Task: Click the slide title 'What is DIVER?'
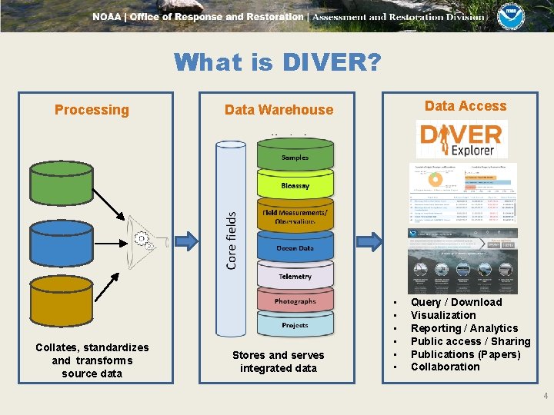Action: tap(277, 61)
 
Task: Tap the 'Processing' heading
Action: tap(92, 109)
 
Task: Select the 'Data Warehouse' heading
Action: tap(279, 109)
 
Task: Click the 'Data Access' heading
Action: tap(466, 106)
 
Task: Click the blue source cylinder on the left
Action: tap(62, 240)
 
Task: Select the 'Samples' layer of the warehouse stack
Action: tap(295, 158)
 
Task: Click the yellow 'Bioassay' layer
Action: tap(295, 186)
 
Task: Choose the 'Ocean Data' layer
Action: tap(295, 248)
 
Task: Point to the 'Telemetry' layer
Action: tap(295, 276)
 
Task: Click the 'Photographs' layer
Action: tap(295, 301)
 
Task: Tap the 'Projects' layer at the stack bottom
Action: tap(295, 325)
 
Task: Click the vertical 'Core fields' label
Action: tap(232, 241)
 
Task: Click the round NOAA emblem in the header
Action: tap(510, 16)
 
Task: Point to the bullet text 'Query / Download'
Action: tap(456, 302)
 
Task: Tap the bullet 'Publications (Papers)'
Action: tap(466, 354)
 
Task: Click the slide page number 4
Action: tap(546, 397)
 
